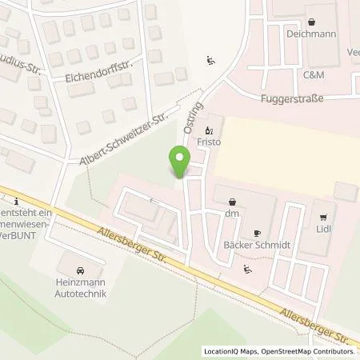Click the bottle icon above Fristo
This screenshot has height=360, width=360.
210,130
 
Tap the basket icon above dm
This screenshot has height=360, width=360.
232,200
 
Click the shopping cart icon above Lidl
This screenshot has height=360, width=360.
324,215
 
